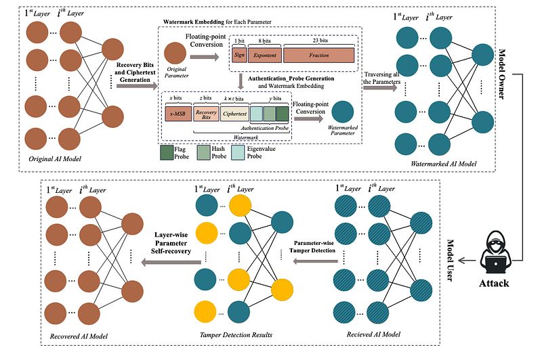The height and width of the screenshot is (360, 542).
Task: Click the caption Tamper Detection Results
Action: tap(232, 334)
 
